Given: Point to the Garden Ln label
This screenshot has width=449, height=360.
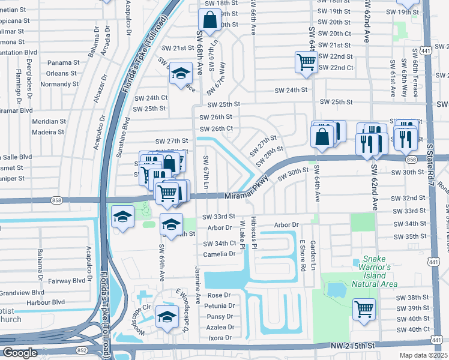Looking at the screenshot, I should (313, 254).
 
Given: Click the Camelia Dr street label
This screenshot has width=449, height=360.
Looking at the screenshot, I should (219, 254).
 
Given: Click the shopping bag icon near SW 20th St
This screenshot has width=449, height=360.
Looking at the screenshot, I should (209, 22).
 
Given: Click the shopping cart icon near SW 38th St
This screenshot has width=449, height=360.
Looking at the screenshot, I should (364, 310).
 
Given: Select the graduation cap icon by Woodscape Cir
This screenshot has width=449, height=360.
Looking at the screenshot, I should (167, 317).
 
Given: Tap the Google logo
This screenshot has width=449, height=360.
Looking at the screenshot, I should (20, 353).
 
